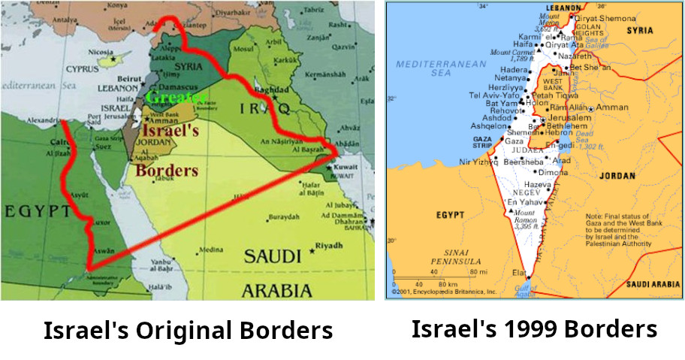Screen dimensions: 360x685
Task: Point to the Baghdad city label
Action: tap(273, 89)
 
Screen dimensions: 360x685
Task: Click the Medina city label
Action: tap(211, 250)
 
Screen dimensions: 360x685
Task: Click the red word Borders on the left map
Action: tap(166, 170)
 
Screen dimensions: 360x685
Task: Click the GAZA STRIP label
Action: tap(481, 143)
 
